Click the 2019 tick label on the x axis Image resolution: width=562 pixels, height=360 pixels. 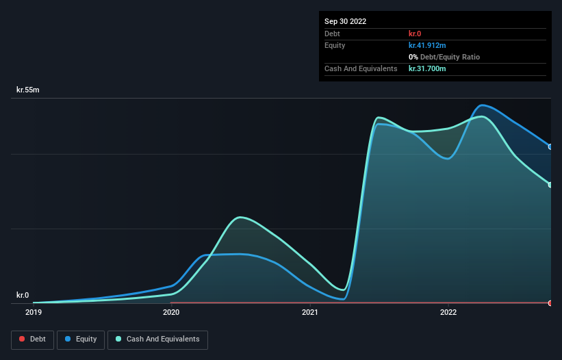(x=33, y=312)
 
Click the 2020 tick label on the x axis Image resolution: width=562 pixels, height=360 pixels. (x=171, y=312)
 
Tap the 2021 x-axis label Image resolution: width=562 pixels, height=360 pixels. (x=310, y=312)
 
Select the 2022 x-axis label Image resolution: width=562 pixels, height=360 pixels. (x=448, y=312)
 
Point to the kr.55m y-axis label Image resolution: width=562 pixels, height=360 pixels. (x=28, y=90)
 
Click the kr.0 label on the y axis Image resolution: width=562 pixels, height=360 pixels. (x=23, y=295)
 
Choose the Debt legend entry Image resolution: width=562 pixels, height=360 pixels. (x=33, y=339)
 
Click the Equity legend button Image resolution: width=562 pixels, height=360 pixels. (x=81, y=339)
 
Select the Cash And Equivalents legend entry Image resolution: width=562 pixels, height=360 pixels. (x=157, y=339)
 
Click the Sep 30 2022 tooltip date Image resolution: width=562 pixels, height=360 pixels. (x=346, y=21)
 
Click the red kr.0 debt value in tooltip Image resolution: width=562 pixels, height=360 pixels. (x=415, y=34)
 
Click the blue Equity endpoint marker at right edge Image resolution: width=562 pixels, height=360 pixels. (x=550, y=146)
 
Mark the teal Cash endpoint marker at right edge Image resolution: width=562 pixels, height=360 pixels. (x=550, y=185)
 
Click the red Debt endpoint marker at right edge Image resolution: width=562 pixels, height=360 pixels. (x=550, y=303)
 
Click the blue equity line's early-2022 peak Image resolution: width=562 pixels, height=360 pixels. (x=483, y=105)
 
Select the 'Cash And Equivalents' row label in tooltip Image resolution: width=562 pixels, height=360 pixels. (x=361, y=68)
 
